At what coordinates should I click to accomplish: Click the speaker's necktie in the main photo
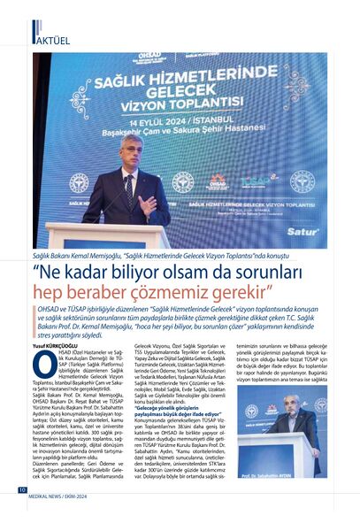(x=129, y=190)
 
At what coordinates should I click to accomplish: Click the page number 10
(x=21, y=513)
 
